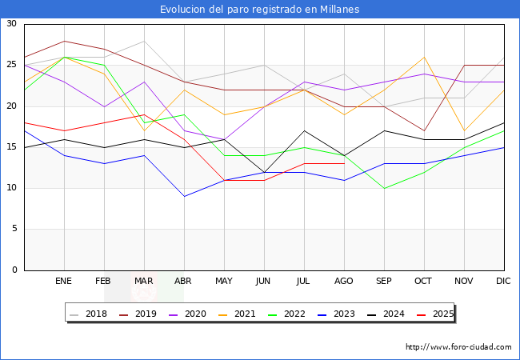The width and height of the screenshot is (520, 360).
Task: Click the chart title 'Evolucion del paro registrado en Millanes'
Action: pos(259,10)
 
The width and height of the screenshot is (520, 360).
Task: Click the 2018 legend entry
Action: pos(89,314)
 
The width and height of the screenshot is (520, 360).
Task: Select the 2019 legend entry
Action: pos(138,314)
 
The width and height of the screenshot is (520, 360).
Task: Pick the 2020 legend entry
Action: pos(186,314)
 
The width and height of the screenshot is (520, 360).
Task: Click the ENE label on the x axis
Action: pos(64,282)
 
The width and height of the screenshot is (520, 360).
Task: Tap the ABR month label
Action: pos(184,282)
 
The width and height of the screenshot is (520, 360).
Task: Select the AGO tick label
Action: pos(344,282)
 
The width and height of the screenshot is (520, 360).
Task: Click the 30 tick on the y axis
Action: pos(11,24)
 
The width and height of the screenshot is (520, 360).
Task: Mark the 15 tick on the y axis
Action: pos(11,147)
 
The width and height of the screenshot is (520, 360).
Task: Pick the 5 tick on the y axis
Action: pos(14,230)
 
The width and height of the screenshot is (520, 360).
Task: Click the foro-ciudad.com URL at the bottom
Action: pos(458,347)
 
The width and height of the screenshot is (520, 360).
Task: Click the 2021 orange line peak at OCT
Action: pos(424,57)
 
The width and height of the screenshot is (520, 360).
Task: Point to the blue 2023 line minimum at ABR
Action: pos(184,196)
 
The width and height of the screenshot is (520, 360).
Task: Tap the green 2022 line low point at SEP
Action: pos(384,188)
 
